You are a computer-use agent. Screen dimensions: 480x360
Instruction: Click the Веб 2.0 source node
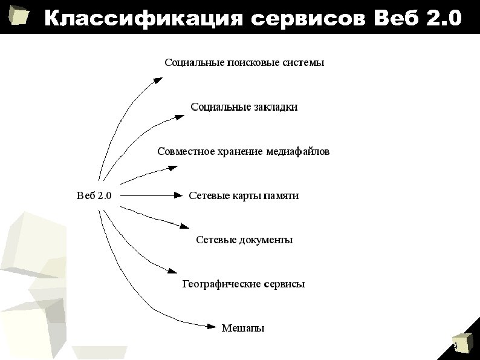[98, 195]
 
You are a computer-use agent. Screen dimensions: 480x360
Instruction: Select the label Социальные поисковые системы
[245, 62]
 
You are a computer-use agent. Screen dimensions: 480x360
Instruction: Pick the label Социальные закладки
[244, 107]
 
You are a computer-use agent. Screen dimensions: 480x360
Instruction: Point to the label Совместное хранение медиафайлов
[243, 151]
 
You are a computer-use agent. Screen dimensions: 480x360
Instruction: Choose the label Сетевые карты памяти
[244, 195]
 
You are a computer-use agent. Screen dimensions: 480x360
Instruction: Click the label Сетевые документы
[244, 240]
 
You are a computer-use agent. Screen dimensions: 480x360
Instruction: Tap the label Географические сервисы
[244, 284]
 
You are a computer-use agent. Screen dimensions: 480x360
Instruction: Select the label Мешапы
[243, 329]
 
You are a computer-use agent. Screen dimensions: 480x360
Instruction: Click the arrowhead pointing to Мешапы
[211, 327]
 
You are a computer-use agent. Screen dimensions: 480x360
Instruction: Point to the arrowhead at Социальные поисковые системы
[158, 79]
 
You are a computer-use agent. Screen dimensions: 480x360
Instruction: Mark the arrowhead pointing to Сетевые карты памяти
[178, 195]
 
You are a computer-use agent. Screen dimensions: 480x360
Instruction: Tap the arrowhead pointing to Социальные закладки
[180, 114]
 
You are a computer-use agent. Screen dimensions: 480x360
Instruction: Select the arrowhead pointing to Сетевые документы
[184, 226]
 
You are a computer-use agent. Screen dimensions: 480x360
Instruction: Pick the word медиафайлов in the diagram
[297, 151]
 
